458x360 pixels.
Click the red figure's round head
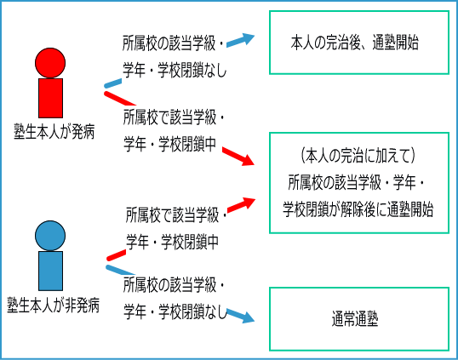[x=50, y=63]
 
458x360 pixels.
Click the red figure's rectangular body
[x=50, y=98]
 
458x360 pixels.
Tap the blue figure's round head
[x=50, y=236]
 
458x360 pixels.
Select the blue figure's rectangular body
[x=50, y=271]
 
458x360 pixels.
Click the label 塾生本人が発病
[x=54, y=132]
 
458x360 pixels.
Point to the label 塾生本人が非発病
[x=54, y=306]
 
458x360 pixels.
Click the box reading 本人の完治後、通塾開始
[x=359, y=43]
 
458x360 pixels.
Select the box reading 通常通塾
[x=359, y=319]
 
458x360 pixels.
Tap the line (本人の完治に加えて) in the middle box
[x=358, y=156]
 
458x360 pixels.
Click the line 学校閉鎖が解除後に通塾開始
[x=358, y=209]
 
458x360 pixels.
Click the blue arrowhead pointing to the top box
[x=247, y=38]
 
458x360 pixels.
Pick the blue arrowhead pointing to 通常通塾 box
[x=248, y=317]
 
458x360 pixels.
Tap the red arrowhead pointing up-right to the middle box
[x=248, y=202]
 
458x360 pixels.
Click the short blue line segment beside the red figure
[x=113, y=83]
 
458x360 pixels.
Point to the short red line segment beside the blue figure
[x=117, y=255]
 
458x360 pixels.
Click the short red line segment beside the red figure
[x=120, y=99]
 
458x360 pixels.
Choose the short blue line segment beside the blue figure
[x=120, y=270]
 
